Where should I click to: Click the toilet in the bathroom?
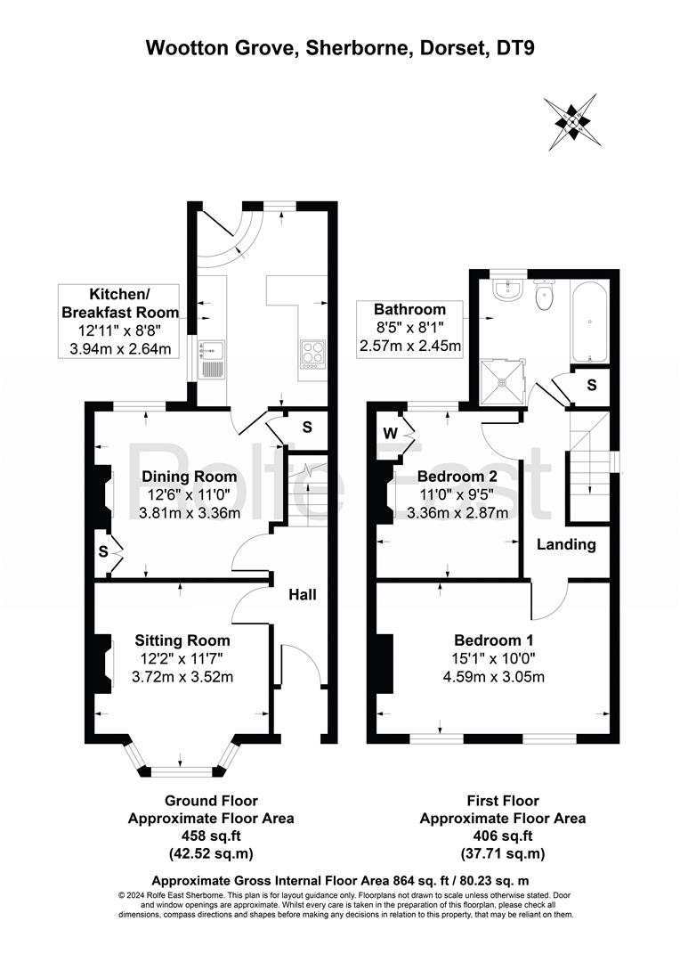click(544, 295)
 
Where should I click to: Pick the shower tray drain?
click(504, 382)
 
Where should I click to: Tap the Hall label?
click(303, 594)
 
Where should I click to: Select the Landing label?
click(567, 544)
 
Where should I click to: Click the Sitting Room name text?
click(182, 640)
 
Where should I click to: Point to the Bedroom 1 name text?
click(494, 640)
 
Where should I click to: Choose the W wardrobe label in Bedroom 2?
click(390, 433)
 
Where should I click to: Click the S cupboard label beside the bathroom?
click(592, 386)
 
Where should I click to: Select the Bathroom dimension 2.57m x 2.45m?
click(410, 346)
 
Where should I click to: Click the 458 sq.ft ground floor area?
click(211, 836)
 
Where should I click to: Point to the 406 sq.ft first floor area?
click(503, 836)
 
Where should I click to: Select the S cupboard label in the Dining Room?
click(103, 552)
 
